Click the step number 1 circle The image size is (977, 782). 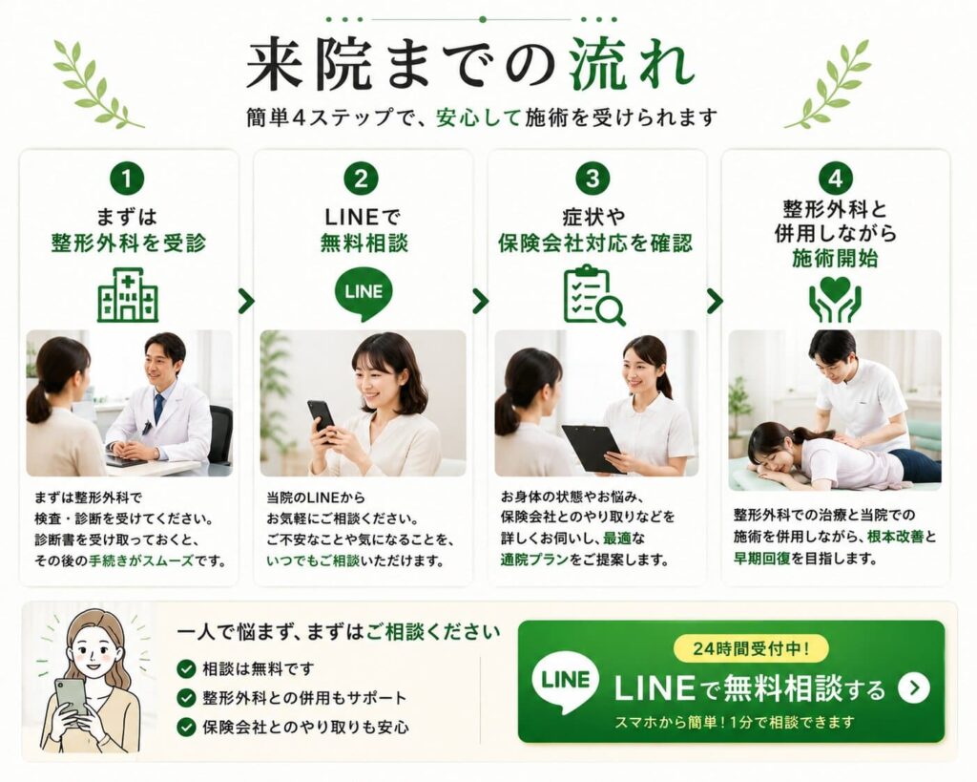pos(127,179)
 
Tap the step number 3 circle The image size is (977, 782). pos(592,179)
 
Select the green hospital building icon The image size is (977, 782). pos(128,296)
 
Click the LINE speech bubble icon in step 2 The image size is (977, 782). pos(364,294)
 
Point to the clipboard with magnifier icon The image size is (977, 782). pos(593,296)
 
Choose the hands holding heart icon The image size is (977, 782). pos(835,299)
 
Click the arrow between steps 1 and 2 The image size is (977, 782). pos(247,301)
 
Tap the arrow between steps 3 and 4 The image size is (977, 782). pos(715,301)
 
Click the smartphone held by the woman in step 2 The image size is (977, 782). pos(322,417)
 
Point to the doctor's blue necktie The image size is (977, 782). pos(159,409)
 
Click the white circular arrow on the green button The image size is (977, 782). pos(914,687)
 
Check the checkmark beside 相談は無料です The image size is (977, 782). pos(186,669)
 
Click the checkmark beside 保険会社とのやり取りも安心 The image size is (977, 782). pos(186,727)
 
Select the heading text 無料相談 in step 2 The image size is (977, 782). pos(364,243)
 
